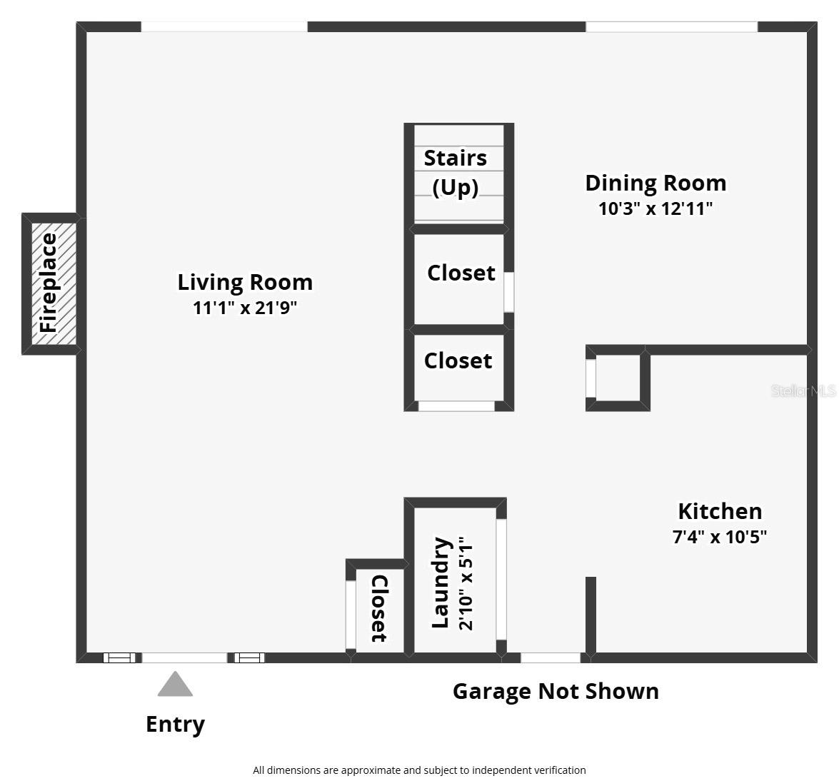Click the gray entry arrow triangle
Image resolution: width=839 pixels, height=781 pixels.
[x=175, y=685]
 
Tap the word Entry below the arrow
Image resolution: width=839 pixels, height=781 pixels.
[x=175, y=724]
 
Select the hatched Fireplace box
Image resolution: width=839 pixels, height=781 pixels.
[x=50, y=283]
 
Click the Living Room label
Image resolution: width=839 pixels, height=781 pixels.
[x=245, y=282]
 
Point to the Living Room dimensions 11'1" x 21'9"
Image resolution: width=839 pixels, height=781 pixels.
[x=245, y=308]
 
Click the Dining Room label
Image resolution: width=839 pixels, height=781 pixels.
[x=655, y=183]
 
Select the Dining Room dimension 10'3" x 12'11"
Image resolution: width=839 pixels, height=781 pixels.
[x=655, y=209]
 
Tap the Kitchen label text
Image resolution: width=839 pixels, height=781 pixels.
[x=720, y=511]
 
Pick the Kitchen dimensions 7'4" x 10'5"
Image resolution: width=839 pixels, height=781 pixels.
[x=720, y=537]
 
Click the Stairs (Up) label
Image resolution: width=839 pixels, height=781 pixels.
[x=456, y=172]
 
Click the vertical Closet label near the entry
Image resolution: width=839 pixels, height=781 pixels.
[x=378, y=608]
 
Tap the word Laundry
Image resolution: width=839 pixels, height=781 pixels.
[x=441, y=583]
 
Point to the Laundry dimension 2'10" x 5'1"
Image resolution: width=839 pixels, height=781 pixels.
[x=466, y=584]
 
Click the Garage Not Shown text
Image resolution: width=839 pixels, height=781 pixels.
[x=556, y=691]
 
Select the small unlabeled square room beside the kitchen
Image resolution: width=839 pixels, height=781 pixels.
[x=618, y=378]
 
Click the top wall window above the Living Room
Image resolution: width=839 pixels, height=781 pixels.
[x=223, y=27]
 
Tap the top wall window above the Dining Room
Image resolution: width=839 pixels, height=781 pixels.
[x=671, y=27]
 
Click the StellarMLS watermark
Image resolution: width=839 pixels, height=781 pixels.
[x=803, y=391]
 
